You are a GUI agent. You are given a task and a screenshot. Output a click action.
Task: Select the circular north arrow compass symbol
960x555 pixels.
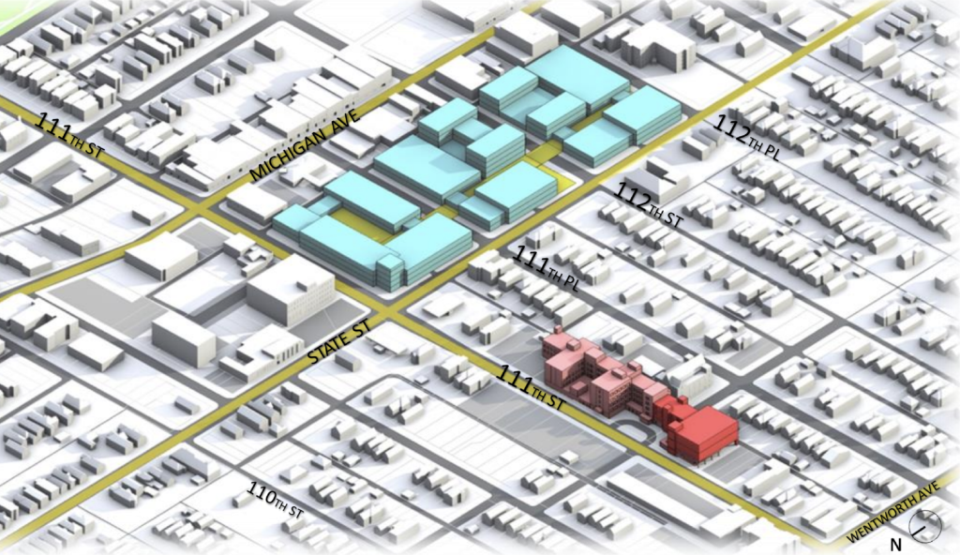[x=926, y=529]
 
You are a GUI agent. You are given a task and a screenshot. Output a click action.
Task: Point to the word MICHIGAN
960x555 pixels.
[x=286, y=157]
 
